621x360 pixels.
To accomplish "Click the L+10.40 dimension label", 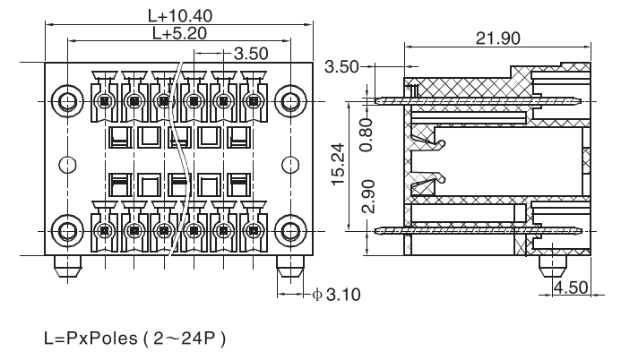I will coord(180,15).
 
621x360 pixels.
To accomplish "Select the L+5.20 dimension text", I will coord(180,34).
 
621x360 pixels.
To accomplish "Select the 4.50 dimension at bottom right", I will coord(572,288).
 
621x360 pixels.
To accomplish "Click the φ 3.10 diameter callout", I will coord(336,294).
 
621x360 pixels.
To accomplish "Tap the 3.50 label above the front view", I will coord(250,54).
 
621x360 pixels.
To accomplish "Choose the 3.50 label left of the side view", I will coord(342,66).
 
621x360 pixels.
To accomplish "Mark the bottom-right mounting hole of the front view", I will coord(290,229).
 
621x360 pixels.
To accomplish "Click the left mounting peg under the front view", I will coord(66,267).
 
